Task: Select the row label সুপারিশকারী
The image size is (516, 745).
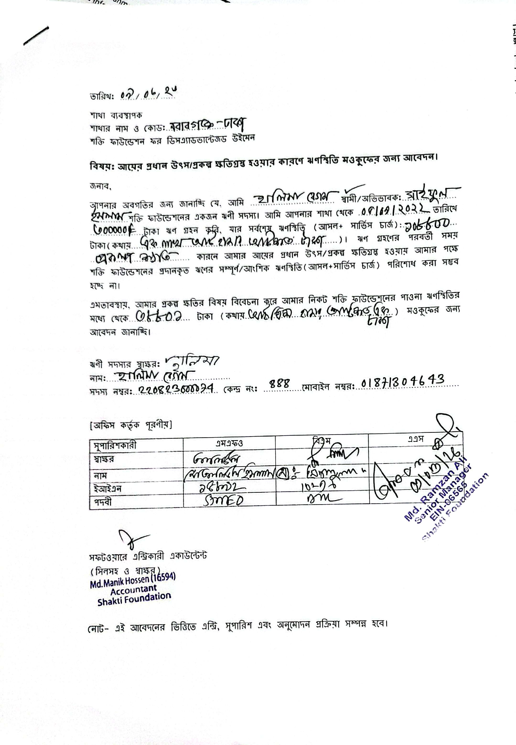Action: coord(115,445)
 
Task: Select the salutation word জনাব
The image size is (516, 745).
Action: coord(100,187)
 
